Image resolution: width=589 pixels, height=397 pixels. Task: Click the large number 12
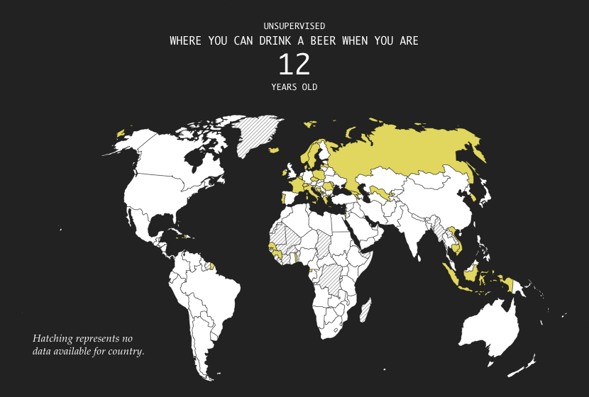tap(294, 65)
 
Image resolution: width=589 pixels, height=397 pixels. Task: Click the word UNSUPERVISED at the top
tap(294, 26)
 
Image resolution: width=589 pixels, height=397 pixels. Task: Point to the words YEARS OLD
tap(294, 87)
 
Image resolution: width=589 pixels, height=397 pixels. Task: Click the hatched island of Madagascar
tap(365, 311)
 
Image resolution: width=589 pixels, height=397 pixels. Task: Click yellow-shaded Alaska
tap(121, 133)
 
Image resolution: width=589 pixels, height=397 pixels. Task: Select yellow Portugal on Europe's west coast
tap(285, 198)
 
